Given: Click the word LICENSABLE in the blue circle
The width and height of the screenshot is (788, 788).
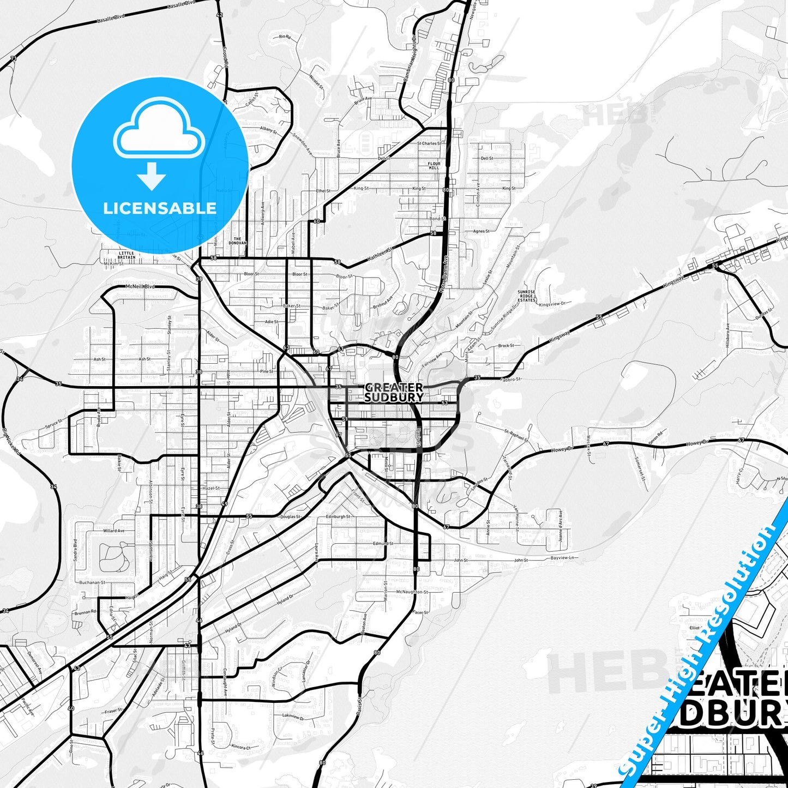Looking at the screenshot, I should click(160, 208).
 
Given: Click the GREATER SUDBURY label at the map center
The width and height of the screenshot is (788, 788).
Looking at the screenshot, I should click(394, 393).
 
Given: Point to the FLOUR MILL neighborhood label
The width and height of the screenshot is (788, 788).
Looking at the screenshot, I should click(434, 166).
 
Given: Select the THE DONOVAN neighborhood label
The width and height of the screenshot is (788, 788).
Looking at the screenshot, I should click(237, 241).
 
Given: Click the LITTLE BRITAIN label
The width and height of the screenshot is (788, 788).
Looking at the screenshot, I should click(127, 255).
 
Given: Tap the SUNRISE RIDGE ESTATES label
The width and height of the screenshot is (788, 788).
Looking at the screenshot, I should click(526, 296).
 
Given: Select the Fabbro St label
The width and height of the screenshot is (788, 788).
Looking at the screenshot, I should click(511, 378).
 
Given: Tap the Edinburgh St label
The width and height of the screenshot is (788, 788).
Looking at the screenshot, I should click(338, 516).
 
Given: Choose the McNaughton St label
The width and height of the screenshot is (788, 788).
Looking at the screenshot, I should click(412, 592).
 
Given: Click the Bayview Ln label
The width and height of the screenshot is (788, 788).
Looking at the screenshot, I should click(563, 558).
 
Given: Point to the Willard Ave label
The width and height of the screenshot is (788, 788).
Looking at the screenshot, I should click(114, 531).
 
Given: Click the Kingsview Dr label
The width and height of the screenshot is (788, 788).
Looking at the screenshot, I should click(552, 303).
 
